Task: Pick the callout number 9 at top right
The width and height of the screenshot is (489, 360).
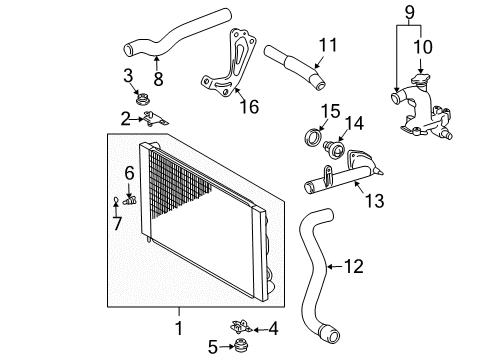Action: coord(407,13)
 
